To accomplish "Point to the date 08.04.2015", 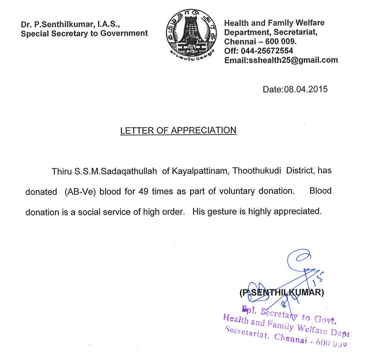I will coord(306,89).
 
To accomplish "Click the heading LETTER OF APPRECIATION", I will coord(178,130).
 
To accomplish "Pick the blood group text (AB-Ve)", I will coord(79,191).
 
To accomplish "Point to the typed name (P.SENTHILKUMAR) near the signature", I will coord(282,292).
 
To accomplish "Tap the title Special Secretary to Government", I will coord(84,33).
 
